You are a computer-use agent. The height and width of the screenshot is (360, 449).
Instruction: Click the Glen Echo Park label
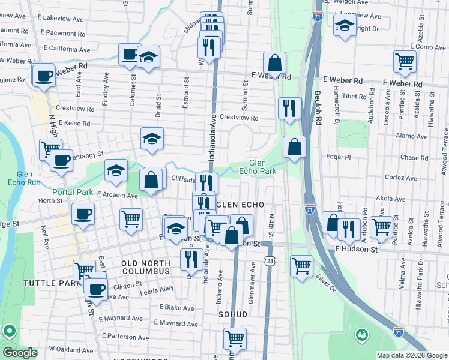[x=262, y=167]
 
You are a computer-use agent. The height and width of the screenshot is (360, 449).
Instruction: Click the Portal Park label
[x=73, y=192]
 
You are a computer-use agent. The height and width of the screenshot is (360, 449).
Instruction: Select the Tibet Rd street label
[x=355, y=96]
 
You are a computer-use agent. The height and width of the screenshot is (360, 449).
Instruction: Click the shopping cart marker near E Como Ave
[x=405, y=61]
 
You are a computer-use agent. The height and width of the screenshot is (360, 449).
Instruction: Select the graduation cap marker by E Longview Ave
[x=345, y=26]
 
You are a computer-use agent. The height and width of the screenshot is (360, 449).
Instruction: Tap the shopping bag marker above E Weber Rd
[x=274, y=62]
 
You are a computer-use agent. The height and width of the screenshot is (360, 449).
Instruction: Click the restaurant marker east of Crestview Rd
[x=290, y=109]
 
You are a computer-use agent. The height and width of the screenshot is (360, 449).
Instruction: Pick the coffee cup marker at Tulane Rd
[x=44, y=76]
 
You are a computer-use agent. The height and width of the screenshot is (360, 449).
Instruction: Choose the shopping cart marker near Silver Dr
[x=301, y=265]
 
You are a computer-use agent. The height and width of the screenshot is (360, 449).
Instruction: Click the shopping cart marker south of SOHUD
[x=235, y=338]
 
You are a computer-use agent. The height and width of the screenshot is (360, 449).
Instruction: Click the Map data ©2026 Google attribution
[x=411, y=355]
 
